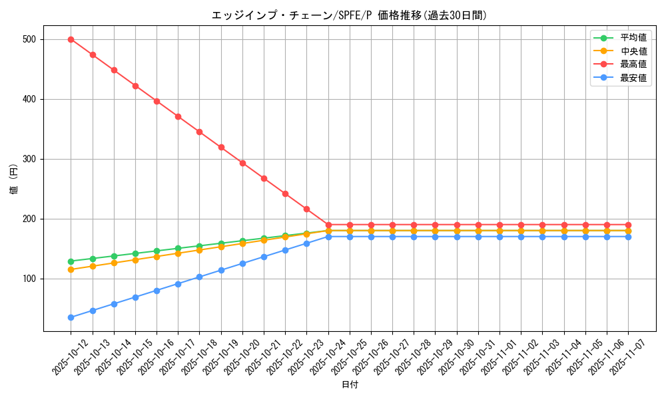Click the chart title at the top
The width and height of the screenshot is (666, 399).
click(x=349, y=15)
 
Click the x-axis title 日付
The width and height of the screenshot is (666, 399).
click(x=350, y=385)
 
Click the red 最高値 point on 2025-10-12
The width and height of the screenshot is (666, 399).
click(x=71, y=39)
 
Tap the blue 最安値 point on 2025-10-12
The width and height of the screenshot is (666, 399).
click(x=71, y=317)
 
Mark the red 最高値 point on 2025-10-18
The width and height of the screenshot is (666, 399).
click(x=199, y=132)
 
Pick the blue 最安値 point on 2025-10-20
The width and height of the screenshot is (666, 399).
click(x=242, y=263)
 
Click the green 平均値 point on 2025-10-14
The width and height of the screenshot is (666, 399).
click(x=114, y=256)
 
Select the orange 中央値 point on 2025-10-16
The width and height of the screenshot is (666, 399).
click(x=157, y=256)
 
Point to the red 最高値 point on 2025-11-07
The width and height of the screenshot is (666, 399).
click(x=628, y=225)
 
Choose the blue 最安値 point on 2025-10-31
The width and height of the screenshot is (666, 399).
click(x=478, y=237)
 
